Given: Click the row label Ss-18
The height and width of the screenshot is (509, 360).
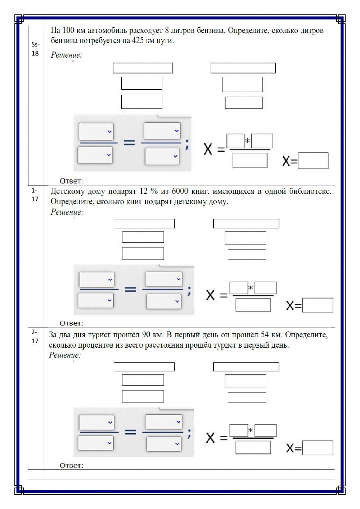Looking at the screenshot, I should (35, 49).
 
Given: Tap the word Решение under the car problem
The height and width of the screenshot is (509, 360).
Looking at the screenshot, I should (66, 55).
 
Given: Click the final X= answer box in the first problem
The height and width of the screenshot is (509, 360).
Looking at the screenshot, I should (313, 161).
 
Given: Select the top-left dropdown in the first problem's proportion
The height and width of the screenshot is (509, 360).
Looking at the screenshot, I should (96, 131).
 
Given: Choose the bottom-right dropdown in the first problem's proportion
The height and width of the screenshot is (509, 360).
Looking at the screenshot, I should (162, 156).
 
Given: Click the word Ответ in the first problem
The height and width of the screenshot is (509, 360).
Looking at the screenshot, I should (71, 181).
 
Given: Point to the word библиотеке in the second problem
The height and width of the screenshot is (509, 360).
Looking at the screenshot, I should (310, 191).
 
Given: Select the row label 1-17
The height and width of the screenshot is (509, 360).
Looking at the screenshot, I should (35, 195).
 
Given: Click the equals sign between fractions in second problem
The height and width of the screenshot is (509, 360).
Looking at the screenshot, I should (130, 289).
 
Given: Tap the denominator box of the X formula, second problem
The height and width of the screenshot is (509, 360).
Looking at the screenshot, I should (253, 305).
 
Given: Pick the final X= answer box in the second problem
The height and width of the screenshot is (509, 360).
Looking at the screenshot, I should (318, 305).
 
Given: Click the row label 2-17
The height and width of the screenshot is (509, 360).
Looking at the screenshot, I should (35, 336).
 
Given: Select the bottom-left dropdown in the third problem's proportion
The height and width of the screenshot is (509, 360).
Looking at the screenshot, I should (96, 443).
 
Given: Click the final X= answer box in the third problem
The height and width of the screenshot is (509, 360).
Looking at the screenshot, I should (318, 448).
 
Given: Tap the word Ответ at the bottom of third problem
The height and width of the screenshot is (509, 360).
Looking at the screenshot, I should (71, 465).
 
